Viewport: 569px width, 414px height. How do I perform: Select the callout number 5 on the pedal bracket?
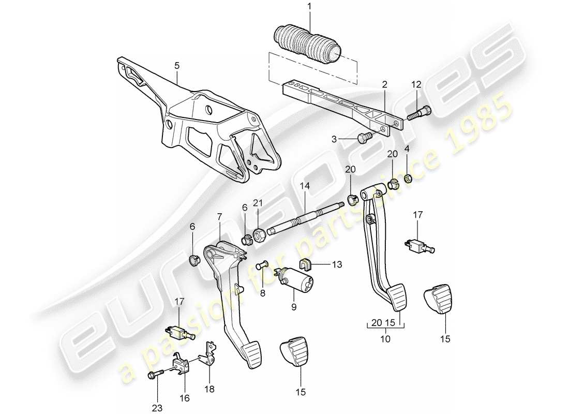tap(176, 66)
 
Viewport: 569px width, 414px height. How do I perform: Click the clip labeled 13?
tap(306, 264)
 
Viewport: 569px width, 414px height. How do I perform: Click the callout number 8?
tap(263, 292)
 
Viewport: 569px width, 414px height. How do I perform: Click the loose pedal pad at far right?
tap(441, 298)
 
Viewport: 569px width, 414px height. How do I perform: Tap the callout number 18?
tap(209, 388)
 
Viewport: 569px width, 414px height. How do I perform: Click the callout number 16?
tap(185, 398)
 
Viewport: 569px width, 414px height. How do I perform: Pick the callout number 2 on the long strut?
tap(384, 84)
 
